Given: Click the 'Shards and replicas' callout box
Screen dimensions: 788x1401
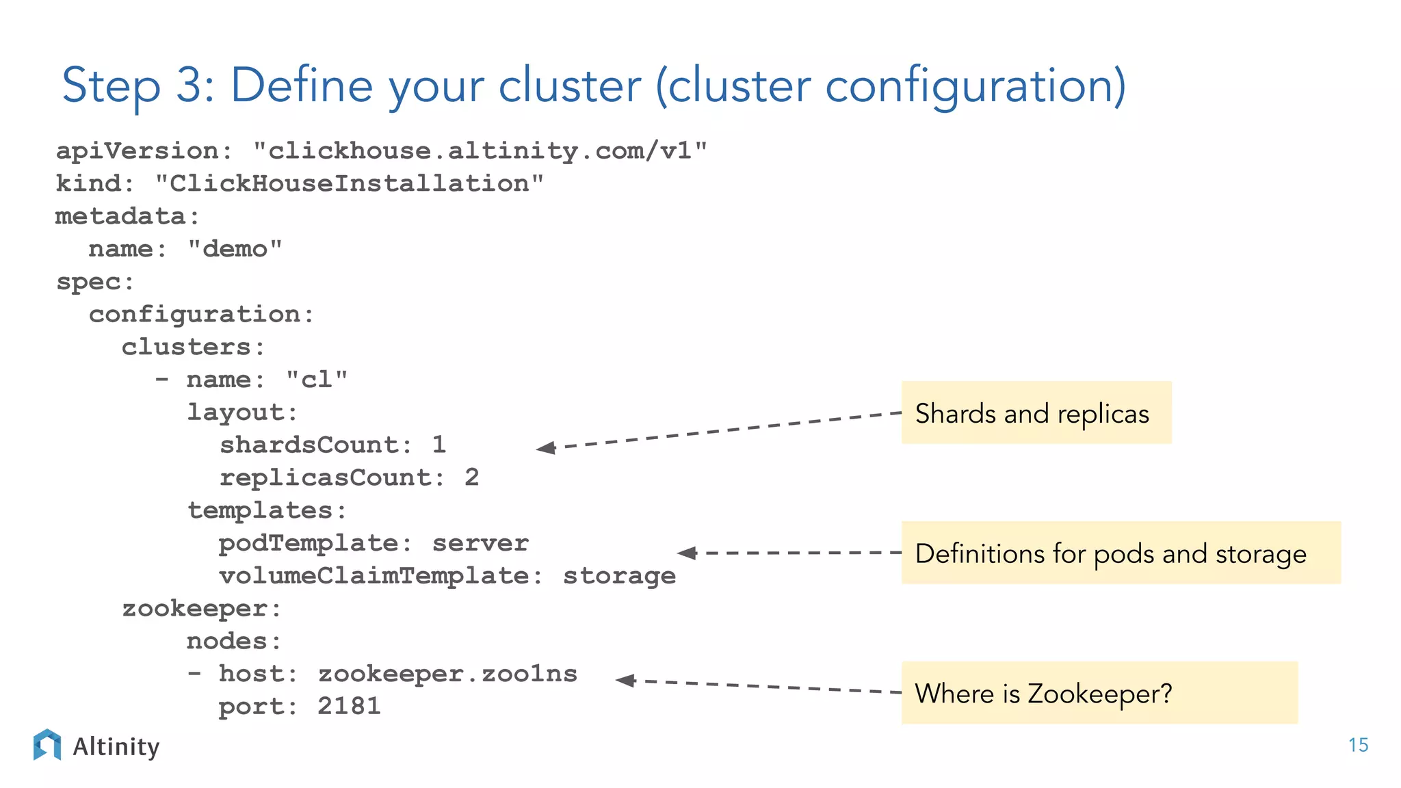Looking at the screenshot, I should point(1036,413).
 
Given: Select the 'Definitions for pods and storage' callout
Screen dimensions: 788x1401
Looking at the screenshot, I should point(1121,553).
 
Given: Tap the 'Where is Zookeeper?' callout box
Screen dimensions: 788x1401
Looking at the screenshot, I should point(1099,692).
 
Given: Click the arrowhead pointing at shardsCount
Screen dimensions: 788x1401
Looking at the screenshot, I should point(546,448).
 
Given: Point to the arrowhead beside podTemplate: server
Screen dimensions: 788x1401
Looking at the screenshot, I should point(687,553).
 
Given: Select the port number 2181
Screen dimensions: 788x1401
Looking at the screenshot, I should point(349,706).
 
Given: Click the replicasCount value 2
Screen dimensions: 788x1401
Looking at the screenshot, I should point(472,477).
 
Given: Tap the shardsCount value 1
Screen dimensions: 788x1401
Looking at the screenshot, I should point(439,445).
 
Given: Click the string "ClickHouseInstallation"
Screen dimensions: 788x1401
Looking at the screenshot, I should point(349,183).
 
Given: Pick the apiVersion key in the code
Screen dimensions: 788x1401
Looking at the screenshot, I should point(137,150).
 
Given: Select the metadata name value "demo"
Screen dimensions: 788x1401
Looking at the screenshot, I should point(235,248).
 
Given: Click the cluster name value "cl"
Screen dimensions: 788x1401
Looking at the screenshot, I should point(317,379).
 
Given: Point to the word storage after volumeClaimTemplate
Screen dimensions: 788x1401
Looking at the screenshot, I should point(619,576).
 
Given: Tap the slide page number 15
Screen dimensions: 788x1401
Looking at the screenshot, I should point(1358,745).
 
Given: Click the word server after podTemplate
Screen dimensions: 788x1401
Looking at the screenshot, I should point(480,543).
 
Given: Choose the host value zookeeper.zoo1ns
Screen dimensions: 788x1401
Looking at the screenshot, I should point(448,674).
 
